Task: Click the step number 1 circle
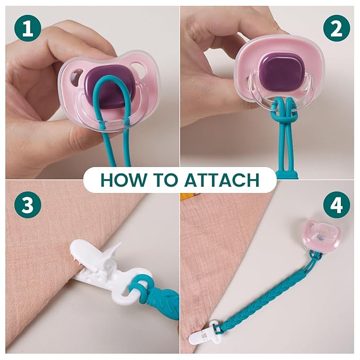point(28,28)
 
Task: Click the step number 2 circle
point(337,28)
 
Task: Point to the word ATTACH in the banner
point(222,180)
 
